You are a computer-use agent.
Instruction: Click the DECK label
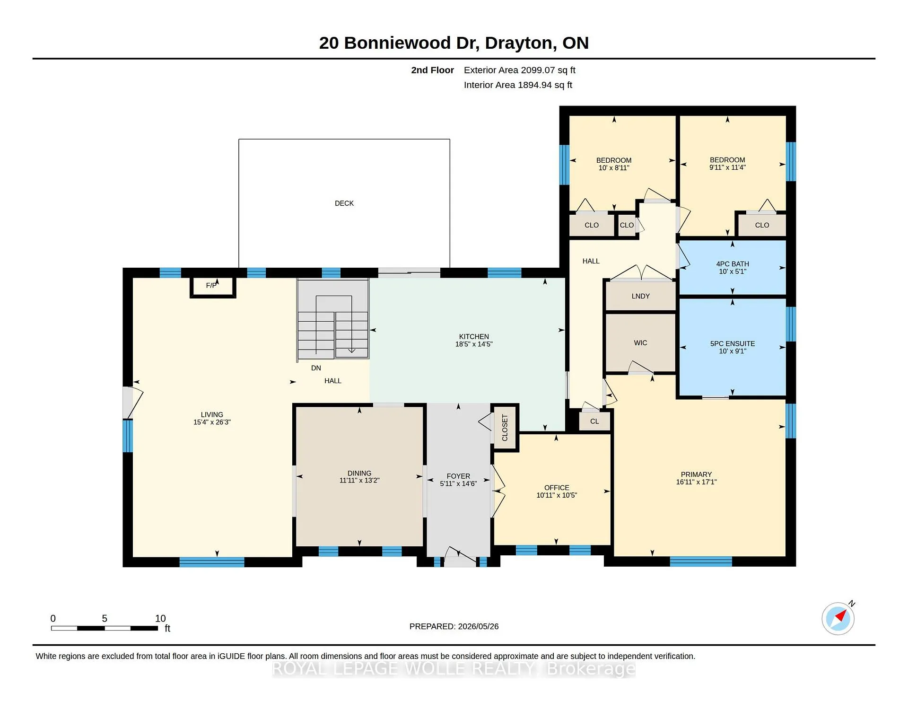point(344,203)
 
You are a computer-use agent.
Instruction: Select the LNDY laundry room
point(640,296)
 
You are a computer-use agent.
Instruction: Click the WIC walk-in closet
point(640,343)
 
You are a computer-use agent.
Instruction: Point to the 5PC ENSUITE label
point(732,344)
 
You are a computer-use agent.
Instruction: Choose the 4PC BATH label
point(732,264)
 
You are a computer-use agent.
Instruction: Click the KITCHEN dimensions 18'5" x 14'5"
point(473,344)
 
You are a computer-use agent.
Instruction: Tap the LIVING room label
point(211,414)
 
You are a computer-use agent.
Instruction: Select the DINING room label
point(359,473)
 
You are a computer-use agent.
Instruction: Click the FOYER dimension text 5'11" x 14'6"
point(458,483)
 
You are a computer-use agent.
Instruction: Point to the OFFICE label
point(556,488)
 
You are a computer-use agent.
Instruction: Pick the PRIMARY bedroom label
point(696,474)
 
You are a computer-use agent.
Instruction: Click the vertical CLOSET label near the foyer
point(505,428)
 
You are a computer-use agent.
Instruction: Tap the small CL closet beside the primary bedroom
point(594,421)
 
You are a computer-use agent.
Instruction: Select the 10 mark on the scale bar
point(160,618)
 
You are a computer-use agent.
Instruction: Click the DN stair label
point(316,368)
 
